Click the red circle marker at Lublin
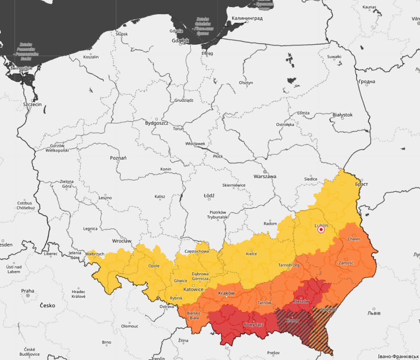pos(321,230)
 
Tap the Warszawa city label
pos(265,176)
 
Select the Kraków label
pos(226,293)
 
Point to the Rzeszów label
pos(301,302)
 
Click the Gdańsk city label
pos(181,41)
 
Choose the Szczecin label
pos(32,104)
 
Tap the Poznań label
pos(118,158)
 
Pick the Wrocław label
pos(122,241)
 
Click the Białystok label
pos(342,115)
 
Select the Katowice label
pos(193,290)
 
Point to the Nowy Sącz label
pos(254,325)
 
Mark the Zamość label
pos(346,263)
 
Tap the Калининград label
pos(247,18)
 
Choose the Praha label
pos(28,291)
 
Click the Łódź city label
pos(209,195)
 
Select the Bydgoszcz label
pos(157,123)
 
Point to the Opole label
pos(154,266)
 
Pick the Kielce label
pos(251,254)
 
